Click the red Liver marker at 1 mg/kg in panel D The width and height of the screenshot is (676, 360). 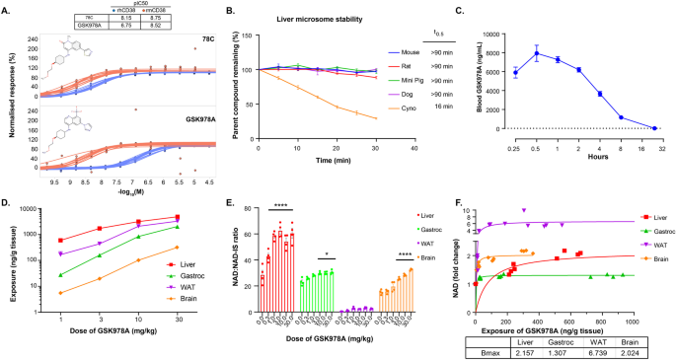59,240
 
